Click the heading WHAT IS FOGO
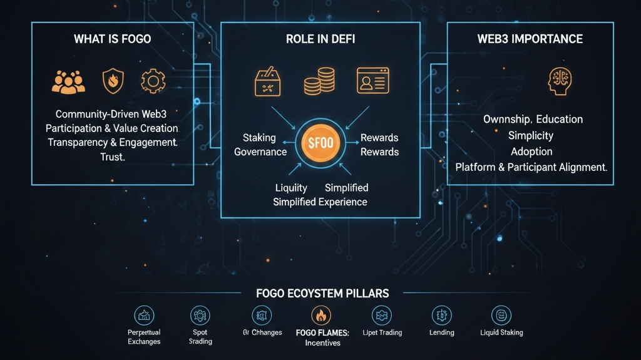tap(112, 39)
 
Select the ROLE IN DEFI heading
tap(320, 39)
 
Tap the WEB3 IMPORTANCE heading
tap(530, 39)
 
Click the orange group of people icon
tap(68, 82)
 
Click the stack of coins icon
tap(319, 82)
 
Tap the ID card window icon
tap(372, 81)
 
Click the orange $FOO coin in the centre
tap(320, 143)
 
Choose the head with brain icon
tap(561, 82)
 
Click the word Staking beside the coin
tap(259, 138)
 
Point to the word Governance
tap(260, 152)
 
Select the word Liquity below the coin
tap(291, 188)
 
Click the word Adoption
tap(531, 152)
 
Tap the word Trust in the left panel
tap(113, 157)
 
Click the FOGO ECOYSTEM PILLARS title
tap(322, 293)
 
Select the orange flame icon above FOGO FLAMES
tap(322, 315)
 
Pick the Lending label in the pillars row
tap(442, 332)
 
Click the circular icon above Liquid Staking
tap(501, 315)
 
